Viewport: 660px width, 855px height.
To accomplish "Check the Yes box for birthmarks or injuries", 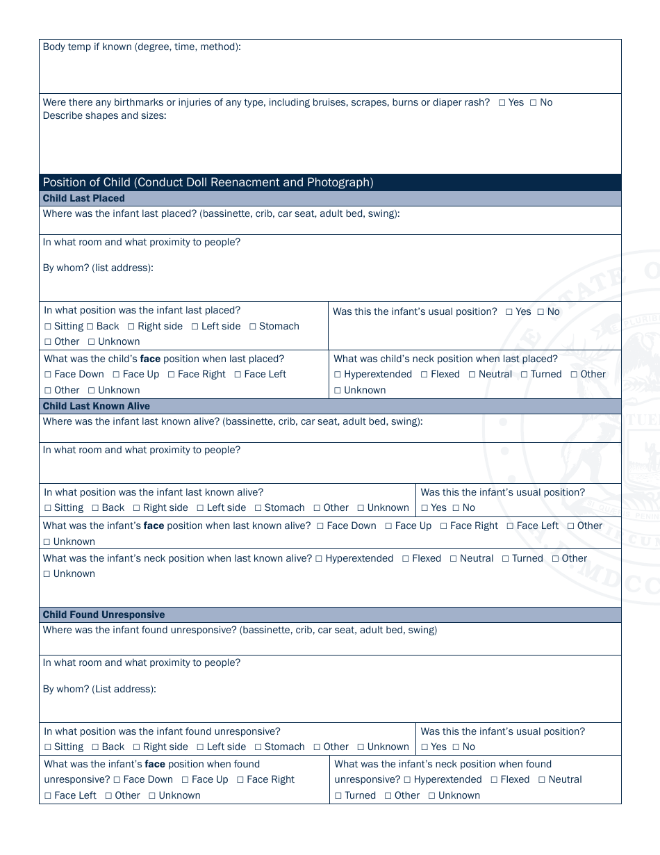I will (502, 103).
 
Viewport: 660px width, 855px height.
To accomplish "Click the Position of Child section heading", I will (208, 183).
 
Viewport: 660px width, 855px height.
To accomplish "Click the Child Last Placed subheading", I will (84, 199).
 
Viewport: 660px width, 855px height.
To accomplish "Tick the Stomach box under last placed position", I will (253, 327).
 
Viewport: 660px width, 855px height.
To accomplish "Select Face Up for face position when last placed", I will (117, 375).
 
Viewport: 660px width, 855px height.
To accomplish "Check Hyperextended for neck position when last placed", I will (338, 375).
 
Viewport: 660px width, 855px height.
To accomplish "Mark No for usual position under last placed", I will (541, 312).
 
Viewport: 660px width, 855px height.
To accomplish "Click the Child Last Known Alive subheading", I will (96, 406).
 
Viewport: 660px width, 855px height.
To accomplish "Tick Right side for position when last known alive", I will (137, 508).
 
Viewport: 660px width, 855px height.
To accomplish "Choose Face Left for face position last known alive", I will (511, 526).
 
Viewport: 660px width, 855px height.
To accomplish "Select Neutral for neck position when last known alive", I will (454, 559).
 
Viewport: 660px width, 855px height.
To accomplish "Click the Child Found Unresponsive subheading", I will (104, 615).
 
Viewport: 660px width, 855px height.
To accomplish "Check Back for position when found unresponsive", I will (96, 747).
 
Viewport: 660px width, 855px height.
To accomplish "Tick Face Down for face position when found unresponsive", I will (117, 780).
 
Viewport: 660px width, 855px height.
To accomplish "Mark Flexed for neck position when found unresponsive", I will (495, 780).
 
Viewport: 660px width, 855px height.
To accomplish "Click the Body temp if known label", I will (142, 47).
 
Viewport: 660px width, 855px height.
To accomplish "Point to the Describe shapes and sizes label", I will (104, 115).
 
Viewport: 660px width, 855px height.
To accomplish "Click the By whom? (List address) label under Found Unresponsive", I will (99, 689).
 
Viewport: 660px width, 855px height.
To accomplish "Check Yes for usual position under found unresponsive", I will (425, 747).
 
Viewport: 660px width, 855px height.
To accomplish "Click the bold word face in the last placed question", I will (151, 359).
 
